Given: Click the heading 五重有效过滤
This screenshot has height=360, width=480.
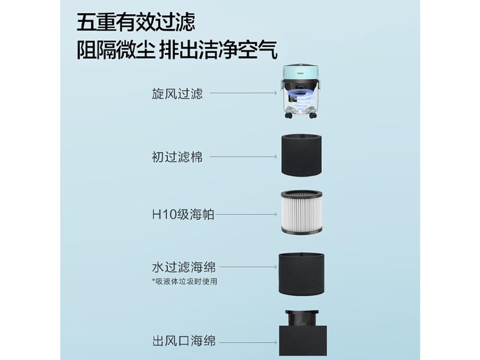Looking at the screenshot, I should coord(135,22).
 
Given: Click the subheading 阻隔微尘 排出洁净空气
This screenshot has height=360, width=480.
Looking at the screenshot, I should coord(176,50).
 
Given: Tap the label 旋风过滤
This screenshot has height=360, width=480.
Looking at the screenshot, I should coord(177,94).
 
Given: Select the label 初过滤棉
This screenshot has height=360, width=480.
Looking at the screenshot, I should coord(177,157).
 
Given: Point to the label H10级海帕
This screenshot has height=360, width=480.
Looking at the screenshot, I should coord(183,215).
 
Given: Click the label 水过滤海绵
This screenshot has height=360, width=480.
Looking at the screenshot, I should coord(184,267).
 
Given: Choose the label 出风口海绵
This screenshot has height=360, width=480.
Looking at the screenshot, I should coord(184,341).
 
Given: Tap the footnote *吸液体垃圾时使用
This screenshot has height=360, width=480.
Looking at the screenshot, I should coord(184,282).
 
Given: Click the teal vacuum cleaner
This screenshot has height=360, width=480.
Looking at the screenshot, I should coord(301,92).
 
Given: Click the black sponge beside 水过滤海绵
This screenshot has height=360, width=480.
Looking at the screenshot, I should coord(300,274).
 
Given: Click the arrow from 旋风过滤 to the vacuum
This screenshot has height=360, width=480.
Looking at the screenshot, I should coord(243,94).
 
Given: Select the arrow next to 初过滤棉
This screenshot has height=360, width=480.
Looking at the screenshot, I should coord(243,157).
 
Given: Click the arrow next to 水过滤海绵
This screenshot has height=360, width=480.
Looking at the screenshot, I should coord(248,267).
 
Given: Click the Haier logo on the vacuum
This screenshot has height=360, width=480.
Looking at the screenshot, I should coord(300,71).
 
